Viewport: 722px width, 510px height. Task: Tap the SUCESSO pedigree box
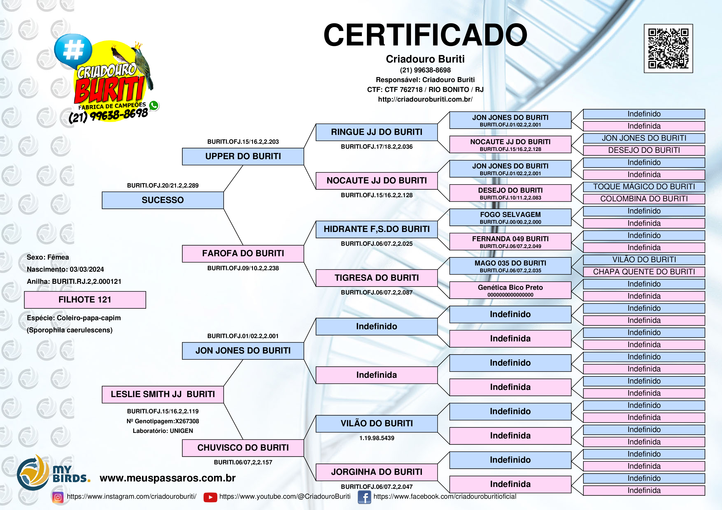point(163,200)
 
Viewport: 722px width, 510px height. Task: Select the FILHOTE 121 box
point(85,300)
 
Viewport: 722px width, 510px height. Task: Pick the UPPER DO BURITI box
point(243,156)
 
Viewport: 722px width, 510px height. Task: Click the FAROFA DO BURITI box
point(243,254)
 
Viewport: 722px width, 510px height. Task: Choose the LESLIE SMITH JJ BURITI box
point(163,394)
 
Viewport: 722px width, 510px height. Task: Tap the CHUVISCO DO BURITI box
point(243,448)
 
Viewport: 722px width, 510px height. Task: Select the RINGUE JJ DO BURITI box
point(376,132)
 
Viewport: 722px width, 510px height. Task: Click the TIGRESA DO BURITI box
point(376,278)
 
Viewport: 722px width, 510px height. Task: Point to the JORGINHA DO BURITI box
point(376,472)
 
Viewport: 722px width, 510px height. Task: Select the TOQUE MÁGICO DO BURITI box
point(644,187)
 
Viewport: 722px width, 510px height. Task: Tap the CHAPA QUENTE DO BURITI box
point(644,272)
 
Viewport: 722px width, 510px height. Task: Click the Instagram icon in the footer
point(58,497)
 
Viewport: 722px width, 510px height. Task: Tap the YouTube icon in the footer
point(210,497)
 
